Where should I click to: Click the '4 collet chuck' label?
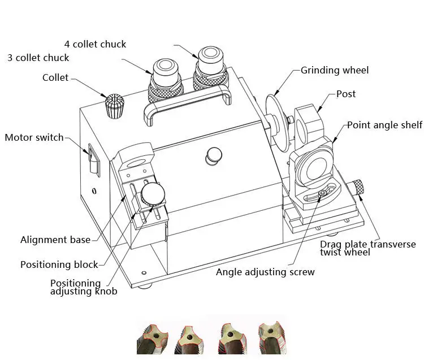click(95, 44)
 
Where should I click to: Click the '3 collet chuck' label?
click(38, 58)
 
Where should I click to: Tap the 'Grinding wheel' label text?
click(335, 71)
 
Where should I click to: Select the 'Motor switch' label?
click(34, 137)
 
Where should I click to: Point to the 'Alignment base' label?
click(55, 240)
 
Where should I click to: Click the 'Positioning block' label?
click(59, 264)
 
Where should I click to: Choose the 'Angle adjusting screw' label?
click(265, 272)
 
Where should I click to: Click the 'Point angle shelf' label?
click(384, 125)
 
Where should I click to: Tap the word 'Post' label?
click(346, 94)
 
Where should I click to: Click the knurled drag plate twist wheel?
click(358, 187)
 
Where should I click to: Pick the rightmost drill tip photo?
click(271, 337)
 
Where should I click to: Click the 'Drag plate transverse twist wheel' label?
click(367, 248)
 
